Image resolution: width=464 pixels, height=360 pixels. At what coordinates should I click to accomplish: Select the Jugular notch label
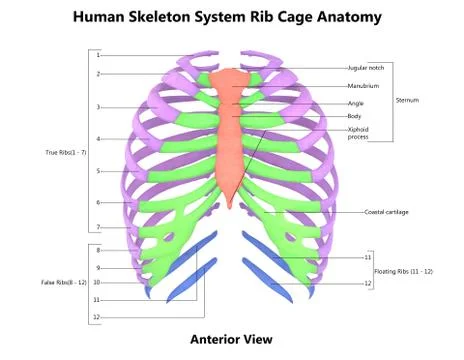(x=366, y=68)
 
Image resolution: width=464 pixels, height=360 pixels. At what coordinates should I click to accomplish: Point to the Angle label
(x=355, y=102)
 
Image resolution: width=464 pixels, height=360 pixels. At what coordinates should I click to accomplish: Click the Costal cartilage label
(x=387, y=212)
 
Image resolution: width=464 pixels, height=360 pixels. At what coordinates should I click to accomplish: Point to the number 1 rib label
(x=98, y=55)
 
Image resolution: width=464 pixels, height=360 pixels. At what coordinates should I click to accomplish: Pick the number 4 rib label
(x=98, y=138)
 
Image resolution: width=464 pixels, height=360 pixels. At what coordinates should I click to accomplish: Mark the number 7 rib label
(x=98, y=227)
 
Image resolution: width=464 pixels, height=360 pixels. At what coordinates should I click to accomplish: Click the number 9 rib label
(x=98, y=267)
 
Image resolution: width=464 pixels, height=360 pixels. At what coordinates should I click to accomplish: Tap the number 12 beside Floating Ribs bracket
(x=367, y=284)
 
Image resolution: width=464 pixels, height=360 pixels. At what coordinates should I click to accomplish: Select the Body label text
(x=354, y=117)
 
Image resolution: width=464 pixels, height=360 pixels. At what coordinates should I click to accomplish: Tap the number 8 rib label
(x=98, y=250)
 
